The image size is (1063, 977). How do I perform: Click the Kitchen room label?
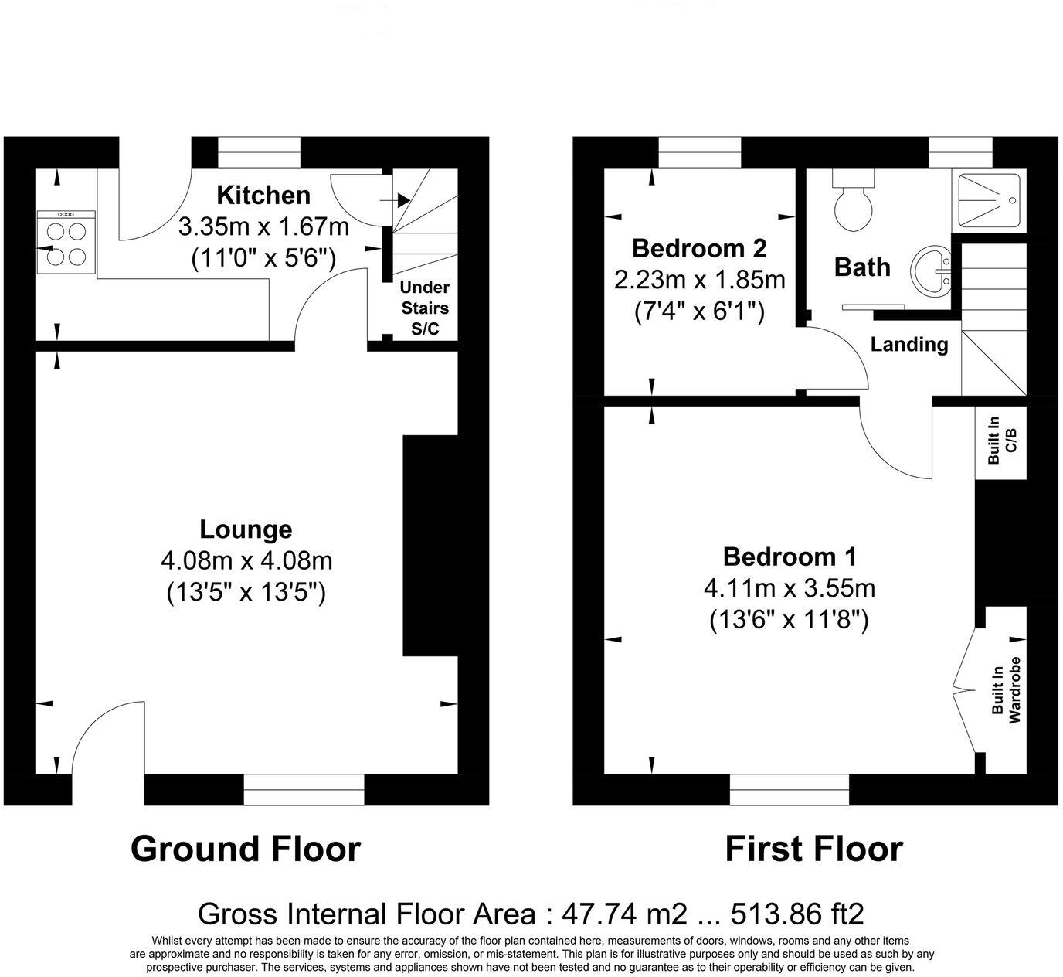[x=263, y=195]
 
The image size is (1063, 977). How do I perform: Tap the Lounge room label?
[x=246, y=529]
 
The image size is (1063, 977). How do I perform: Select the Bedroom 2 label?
[x=699, y=248]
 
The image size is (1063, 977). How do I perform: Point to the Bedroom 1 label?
[x=789, y=557]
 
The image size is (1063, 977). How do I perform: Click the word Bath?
[x=862, y=267]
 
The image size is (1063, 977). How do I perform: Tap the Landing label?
[x=909, y=344]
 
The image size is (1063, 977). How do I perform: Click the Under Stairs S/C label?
[x=424, y=308]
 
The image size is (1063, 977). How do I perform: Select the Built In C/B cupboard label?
[x=1001, y=441]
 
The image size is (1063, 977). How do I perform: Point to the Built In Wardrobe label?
[x=1007, y=690]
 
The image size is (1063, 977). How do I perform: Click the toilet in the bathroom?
[x=854, y=203]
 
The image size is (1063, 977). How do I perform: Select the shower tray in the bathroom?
[x=993, y=199]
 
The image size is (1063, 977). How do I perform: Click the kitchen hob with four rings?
[x=66, y=242]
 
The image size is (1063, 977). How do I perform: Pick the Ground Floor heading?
[x=245, y=849]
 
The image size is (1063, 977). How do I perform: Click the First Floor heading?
[x=813, y=849]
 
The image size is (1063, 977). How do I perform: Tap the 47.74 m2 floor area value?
[x=624, y=914]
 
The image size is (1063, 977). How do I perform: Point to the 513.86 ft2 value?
[x=799, y=914]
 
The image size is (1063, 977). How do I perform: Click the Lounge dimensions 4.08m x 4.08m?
[x=246, y=560]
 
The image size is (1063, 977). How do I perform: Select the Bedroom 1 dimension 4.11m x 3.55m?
[x=789, y=588]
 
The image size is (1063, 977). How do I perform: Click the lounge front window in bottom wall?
[x=304, y=790]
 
